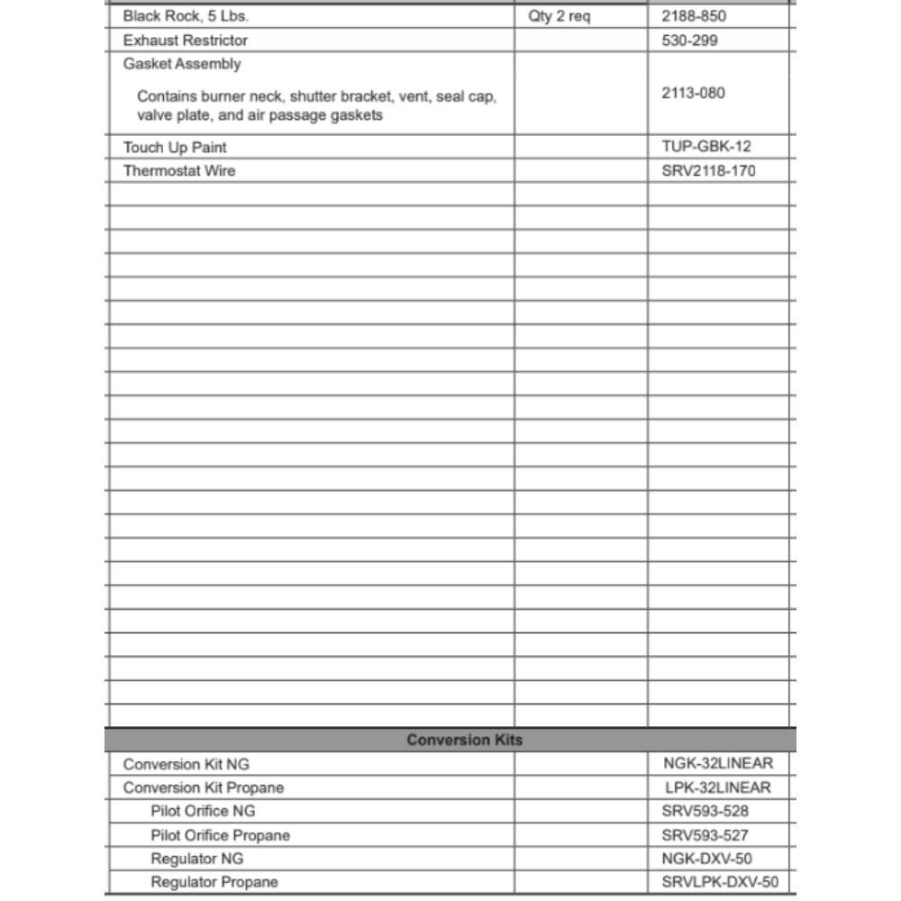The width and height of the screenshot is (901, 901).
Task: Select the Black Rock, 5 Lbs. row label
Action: [186, 16]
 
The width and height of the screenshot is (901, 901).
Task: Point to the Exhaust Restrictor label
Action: [186, 40]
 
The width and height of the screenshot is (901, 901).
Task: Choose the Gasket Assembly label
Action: [182, 64]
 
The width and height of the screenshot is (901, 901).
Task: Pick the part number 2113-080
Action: [693, 93]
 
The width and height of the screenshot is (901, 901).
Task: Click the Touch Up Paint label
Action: [175, 147]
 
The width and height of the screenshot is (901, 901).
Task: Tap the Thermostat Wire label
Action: [179, 170]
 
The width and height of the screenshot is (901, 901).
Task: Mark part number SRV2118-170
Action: [708, 170]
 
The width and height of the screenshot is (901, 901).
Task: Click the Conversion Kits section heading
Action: [464, 740]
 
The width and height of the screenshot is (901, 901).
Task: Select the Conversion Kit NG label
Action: [187, 764]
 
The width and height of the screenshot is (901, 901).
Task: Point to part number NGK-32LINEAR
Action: [717, 763]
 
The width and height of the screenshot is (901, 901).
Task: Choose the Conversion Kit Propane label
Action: [204, 787]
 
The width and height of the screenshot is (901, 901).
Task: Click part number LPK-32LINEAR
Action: [717, 787]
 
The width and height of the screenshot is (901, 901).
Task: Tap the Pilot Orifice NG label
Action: [203, 811]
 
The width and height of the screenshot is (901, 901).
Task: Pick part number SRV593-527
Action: [705, 835]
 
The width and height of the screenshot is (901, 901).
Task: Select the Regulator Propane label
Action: [214, 882]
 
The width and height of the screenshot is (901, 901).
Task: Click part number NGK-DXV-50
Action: [706, 859]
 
